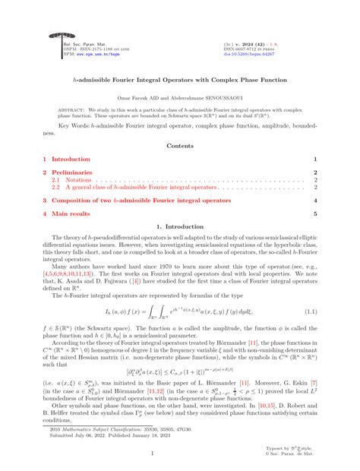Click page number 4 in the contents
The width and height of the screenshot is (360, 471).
[x=315, y=201]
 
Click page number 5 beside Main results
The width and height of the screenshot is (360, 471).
[x=315, y=215]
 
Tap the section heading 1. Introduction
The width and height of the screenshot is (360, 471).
[x=179, y=226]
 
